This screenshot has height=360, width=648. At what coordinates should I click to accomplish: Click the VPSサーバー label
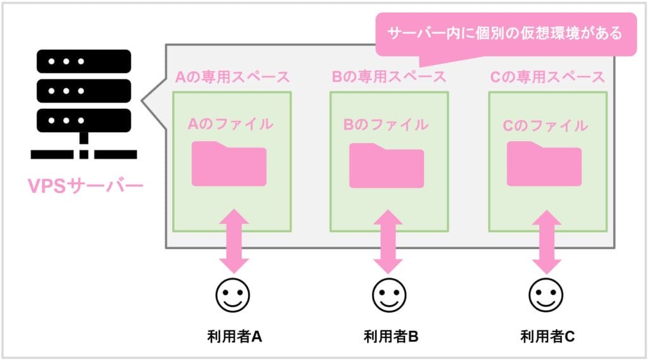coord(85,187)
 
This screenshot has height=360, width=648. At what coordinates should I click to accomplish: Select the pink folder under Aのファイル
coord(229,164)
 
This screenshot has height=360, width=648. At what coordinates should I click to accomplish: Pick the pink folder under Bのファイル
coord(386,165)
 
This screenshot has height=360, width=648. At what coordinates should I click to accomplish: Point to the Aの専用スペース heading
coord(232,77)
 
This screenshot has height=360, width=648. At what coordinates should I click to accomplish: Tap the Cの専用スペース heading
coord(547,77)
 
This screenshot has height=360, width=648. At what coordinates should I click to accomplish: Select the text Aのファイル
coord(230,124)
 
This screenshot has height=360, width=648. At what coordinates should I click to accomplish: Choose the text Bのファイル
coord(386,124)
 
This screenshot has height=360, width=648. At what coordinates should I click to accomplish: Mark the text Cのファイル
coord(545,125)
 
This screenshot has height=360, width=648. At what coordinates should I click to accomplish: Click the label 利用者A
coord(234,336)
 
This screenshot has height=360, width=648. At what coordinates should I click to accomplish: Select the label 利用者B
coord(390,336)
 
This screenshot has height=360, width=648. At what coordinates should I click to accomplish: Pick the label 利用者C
coord(547,336)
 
